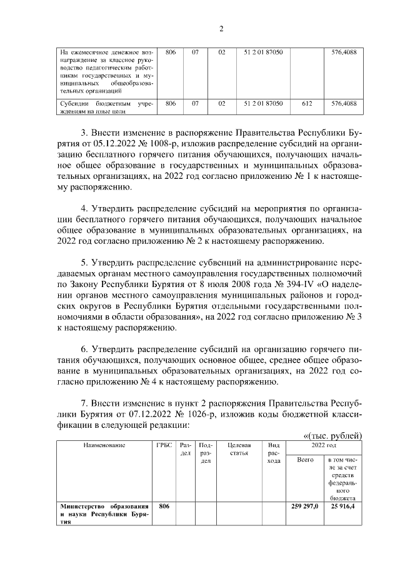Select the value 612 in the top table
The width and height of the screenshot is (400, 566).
[306, 104]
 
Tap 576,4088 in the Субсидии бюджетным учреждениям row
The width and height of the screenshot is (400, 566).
[344, 104]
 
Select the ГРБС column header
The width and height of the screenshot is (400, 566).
[164, 445]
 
